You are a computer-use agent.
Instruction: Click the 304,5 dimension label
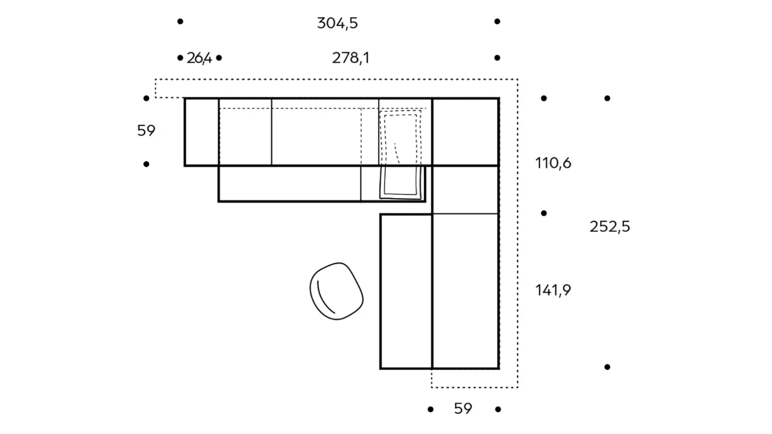tap(337, 24)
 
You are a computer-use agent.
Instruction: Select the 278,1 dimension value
tap(350, 58)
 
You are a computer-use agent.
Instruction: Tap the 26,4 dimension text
tap(199, 58)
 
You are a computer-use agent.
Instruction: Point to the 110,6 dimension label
tap(553, 163)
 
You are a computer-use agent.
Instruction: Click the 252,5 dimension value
tap(610, 227)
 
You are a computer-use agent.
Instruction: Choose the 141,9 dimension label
tap(553, 290)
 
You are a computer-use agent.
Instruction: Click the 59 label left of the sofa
tap(146, 131)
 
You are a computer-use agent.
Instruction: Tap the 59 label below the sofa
tap(463, 408)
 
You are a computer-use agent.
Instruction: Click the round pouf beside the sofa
tap(336, 291)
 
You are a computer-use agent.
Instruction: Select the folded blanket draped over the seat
tap(400, 155)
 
